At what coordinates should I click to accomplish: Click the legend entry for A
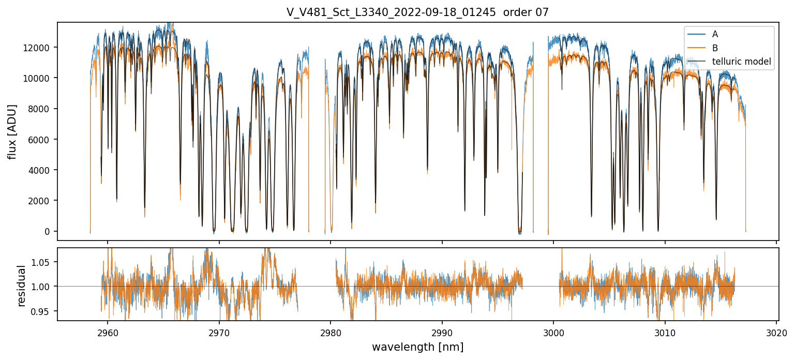715,34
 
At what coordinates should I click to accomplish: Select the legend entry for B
715,48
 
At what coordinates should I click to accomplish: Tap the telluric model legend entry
741,62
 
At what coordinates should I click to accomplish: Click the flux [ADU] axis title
12,131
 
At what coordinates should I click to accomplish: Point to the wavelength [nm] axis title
417,347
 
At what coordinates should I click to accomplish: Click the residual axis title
21,286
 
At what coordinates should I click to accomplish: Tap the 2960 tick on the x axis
108,332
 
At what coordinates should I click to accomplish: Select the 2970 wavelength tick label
219,332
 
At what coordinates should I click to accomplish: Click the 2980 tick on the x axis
331,332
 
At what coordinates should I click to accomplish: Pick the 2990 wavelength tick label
442,332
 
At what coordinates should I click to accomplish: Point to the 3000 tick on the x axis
553,332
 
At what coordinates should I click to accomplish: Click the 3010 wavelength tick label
665,332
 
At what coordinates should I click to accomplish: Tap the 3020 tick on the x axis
776,332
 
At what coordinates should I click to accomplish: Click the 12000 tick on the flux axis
39,48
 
